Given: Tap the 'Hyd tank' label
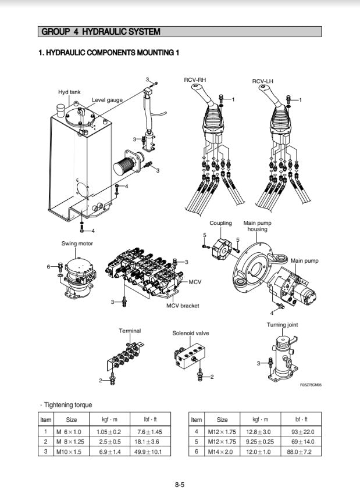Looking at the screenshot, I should [x=69, y=92].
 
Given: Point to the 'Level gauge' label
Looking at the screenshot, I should [x=107, y=100].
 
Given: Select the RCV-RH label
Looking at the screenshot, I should [x=194, y=80].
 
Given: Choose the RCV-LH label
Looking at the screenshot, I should [x=263, y=80].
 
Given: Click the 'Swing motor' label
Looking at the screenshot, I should [x=77, y=243].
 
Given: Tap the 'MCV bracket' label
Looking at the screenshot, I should [x=183, y=306].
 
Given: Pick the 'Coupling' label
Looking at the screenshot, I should [x=220, y=223].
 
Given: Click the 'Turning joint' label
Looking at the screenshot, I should [x=282, y=325].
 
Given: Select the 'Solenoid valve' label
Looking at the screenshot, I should [x=190, y=334].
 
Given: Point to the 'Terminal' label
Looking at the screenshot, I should [x=130, y=331].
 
